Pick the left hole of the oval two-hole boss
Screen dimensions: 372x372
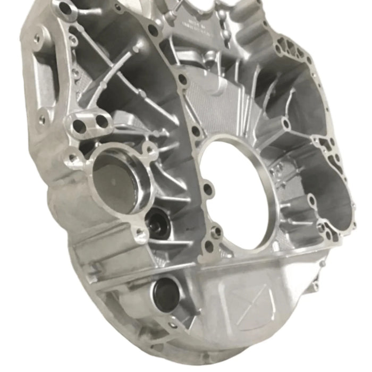(79, 126)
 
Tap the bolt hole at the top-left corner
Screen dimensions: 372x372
(65, 9)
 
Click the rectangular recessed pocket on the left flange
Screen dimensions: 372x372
(46, 80)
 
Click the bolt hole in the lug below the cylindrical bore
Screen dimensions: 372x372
(140, 232)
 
